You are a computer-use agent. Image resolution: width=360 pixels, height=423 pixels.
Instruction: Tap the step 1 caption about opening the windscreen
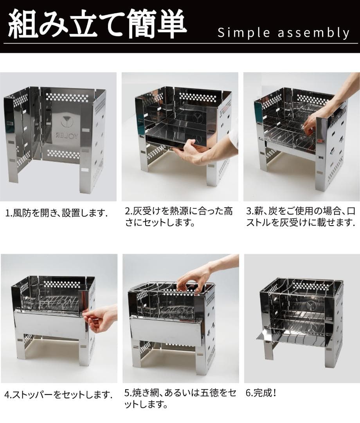56,213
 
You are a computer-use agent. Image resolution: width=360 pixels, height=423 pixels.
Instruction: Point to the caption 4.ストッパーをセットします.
58,394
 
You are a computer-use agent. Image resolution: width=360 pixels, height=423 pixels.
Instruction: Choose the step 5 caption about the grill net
180,398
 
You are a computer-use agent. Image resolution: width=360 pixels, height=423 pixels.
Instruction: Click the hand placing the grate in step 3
313,121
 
